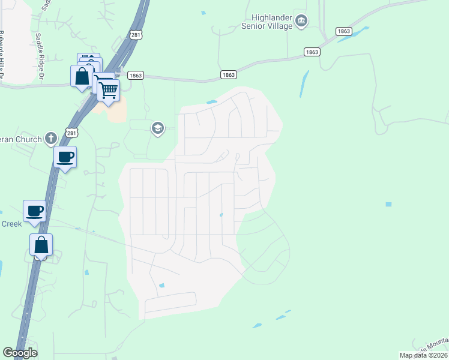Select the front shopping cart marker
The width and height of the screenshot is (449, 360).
108,91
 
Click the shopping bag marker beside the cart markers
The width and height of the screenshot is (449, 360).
82,77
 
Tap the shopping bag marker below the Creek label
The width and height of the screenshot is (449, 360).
41,245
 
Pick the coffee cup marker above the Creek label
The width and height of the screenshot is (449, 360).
35,211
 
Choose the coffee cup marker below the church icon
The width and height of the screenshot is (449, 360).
65,157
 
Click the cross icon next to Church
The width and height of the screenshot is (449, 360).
52,139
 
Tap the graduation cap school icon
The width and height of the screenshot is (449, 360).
158,128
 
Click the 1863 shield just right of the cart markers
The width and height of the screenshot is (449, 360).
136,75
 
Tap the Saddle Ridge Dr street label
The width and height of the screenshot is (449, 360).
40,56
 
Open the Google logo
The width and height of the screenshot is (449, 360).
20,353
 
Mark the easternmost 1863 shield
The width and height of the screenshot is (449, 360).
343,31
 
